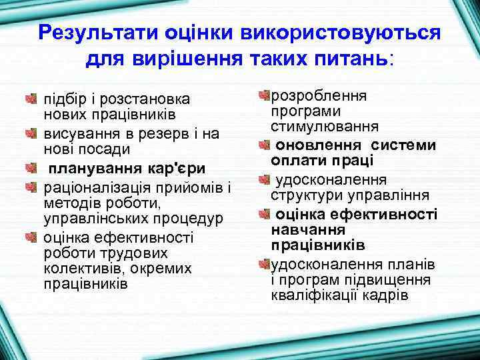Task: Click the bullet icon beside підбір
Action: click(30, 99)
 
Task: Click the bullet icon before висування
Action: click(30, 134)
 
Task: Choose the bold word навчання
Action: click(307, 229)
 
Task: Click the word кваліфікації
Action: click(315, 295)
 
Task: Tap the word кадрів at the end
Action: click(385, 295)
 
